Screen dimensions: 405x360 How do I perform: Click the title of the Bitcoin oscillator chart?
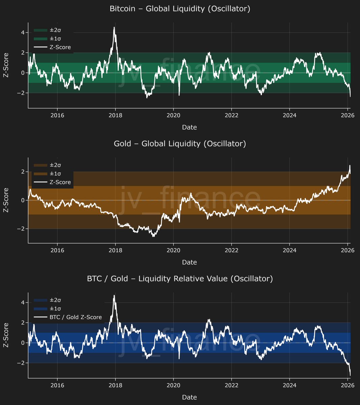(180, 9)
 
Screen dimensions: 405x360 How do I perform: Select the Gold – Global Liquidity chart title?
(180, 144)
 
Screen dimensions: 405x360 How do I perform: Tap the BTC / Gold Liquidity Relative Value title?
(180, 279)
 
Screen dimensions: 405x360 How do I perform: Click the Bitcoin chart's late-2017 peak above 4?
(114, 28)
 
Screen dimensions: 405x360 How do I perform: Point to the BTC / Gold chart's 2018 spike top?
(114, 296)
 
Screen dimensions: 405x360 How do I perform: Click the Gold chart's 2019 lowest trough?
(154, 236)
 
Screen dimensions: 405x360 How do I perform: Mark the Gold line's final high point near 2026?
(350, 166)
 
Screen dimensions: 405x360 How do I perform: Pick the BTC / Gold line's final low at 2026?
(350, 375)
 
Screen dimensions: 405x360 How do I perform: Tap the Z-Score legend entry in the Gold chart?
(60, 182)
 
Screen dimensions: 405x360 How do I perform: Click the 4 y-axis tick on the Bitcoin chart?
(22, 32)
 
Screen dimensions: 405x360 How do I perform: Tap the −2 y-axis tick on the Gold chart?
(21, 229)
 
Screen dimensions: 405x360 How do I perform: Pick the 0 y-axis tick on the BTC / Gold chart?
(22, 343)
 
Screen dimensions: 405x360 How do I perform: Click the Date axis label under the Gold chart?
(189, 262)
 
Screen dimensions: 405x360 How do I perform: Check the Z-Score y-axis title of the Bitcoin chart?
(6, 65)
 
